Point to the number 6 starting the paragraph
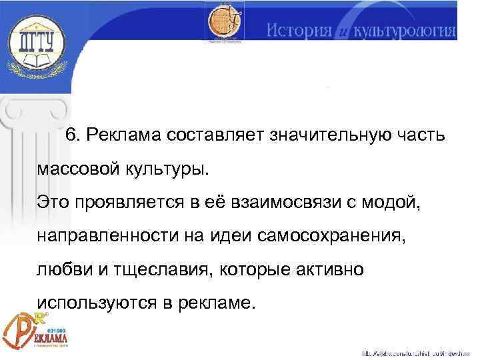coord(71,136)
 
